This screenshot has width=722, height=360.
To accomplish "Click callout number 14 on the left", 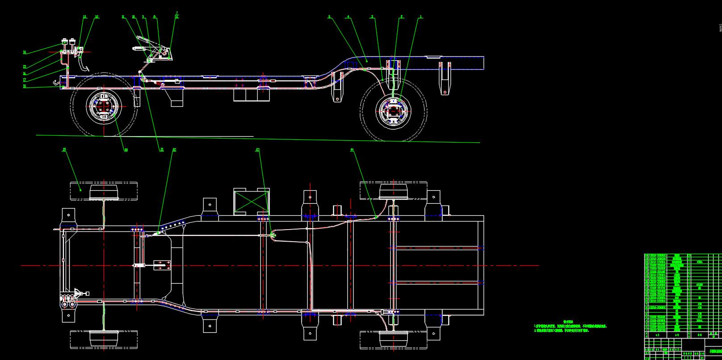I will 25,52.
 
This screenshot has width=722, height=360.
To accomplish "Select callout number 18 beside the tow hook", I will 25,87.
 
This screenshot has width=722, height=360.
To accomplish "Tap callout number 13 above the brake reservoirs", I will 85,17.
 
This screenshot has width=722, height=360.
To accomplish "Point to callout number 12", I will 97,17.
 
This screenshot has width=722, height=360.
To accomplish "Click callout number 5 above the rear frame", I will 330,17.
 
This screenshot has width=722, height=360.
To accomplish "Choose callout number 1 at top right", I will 421,17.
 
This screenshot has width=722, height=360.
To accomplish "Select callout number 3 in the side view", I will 372,17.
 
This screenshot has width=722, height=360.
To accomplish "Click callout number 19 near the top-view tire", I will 64,149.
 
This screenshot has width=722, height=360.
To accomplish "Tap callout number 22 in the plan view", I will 174,150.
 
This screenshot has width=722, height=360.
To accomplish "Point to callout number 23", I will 258,150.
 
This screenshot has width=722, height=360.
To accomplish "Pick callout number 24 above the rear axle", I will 352,150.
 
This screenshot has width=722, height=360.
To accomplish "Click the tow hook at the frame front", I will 55,82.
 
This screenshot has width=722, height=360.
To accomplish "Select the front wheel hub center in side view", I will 104,106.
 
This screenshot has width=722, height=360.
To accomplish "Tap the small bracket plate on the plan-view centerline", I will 162,266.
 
